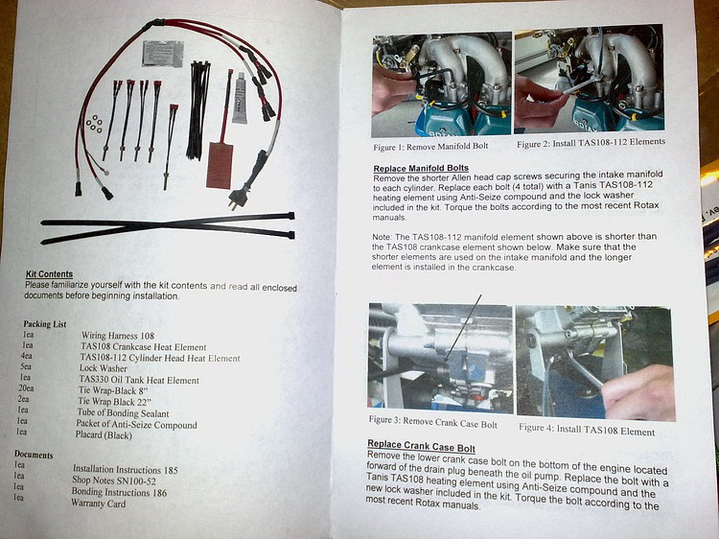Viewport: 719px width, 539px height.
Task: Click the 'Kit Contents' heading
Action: (49, 274)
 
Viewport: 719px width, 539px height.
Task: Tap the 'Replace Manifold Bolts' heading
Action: (421, 169)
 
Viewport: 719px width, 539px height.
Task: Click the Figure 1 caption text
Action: (430, 147)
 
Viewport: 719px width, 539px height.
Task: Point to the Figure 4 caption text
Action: (587, 430)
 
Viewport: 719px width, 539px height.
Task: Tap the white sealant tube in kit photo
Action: (240, 100)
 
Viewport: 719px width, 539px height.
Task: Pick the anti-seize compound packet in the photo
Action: (163, 53)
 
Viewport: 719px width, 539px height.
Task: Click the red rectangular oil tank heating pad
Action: (220, 165)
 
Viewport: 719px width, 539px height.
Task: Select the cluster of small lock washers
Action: (94, 124)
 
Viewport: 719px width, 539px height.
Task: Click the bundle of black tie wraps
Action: (197, 110)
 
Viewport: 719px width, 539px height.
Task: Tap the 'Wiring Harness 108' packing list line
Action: (118, 336)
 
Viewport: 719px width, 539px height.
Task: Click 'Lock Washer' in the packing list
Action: (104, 368)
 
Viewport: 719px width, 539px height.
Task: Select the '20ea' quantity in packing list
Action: (26, 388)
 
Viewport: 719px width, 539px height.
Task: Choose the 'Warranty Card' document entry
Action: (98, 504)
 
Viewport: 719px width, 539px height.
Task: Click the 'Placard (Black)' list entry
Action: (104, 434)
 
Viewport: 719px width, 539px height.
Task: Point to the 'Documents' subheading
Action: (34, 455)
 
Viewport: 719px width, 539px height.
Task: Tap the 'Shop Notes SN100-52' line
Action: (114, 480)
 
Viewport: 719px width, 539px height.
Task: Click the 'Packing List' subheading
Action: (45, 324)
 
